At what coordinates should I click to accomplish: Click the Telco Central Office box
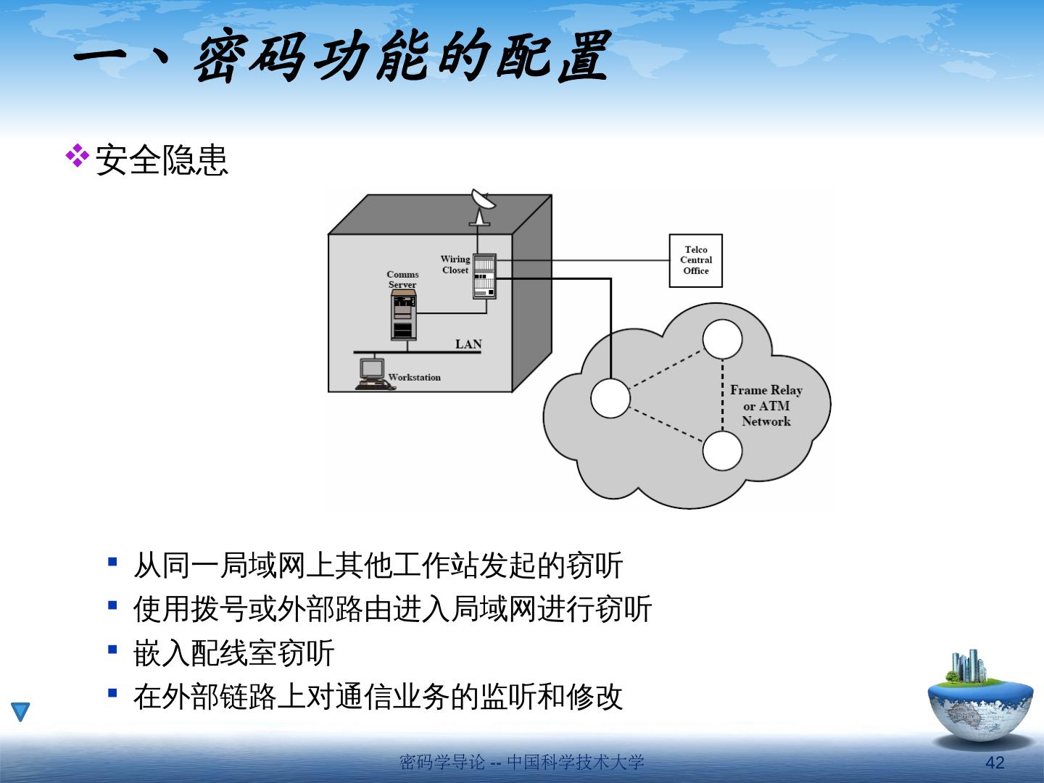point(695,260)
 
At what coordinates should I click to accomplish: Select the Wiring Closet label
point(455,265)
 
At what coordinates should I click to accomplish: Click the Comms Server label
point(402,279)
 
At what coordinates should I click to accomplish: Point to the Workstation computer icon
point(373,373)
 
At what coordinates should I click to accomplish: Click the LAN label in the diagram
point(468,344)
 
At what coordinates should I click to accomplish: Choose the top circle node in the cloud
point(722,339)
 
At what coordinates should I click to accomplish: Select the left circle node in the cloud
point(610,398)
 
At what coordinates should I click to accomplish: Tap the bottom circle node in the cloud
point(722,450)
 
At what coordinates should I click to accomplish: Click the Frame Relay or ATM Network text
point(766,405)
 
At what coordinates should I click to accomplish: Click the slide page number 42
point(995,762)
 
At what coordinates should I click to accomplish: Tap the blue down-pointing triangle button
point(21,711)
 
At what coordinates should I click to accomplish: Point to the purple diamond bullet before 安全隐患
point(77,157)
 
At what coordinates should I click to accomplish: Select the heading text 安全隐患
point(162,159)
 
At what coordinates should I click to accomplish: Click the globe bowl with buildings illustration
point(979,700)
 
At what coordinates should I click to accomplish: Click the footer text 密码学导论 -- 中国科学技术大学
point(521,762)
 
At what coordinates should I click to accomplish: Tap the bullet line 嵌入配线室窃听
point(233,653)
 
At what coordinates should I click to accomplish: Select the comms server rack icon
point(403,316)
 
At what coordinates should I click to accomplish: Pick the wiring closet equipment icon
point(484,276)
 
